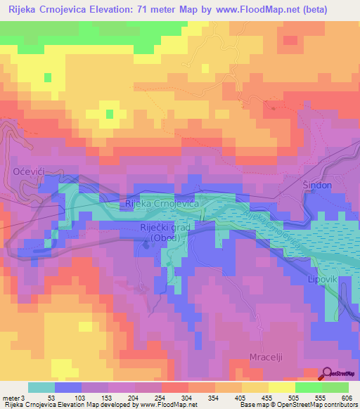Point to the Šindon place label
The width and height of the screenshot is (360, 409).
click(x=316, y=185)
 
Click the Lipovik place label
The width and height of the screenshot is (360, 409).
click(x=323, y=278)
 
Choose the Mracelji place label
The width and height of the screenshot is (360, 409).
click(x=266, y=357)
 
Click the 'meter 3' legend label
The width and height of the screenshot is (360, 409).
click(x=13, y=398)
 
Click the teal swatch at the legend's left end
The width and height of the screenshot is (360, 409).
click(x=41, y=387)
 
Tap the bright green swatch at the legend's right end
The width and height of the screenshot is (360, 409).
click(x=335, y=387)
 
